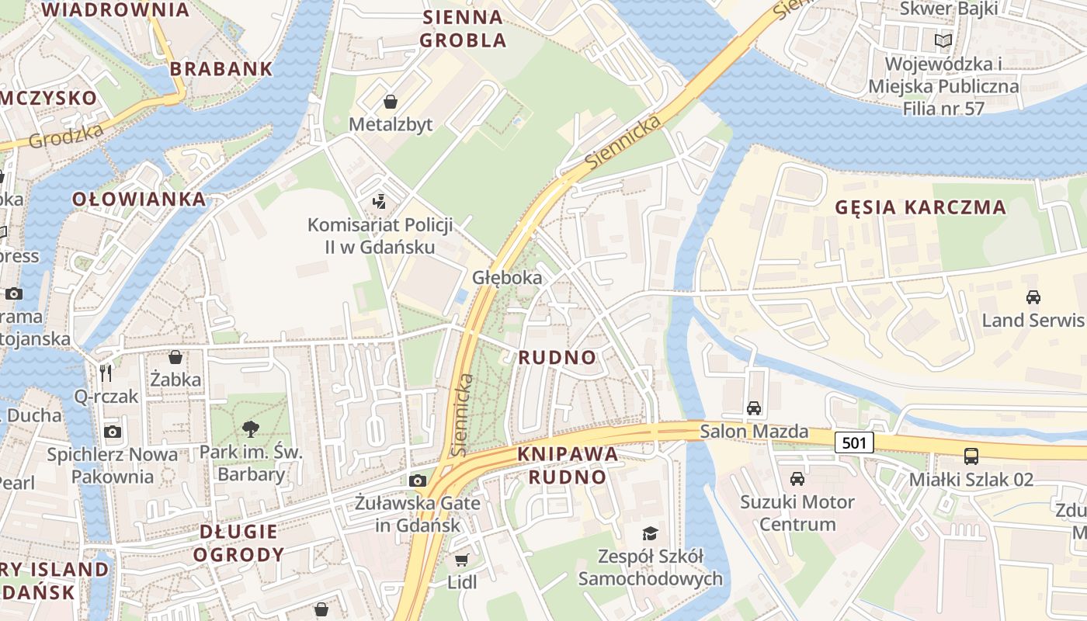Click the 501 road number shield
coord(854,443)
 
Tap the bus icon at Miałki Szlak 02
coord(971,456)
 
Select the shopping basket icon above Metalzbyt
coord(390,102)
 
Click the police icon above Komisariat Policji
coord(379,203)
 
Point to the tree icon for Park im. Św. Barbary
coord(250,428)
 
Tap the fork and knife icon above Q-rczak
coord(106,373)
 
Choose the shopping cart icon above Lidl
coord(461,560)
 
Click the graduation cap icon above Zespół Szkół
coord(650,533)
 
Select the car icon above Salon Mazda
coord(753,408)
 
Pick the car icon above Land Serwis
coord(1033,297)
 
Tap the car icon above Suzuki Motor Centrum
coord(797,478)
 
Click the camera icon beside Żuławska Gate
coord(418,480)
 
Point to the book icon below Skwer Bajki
coord(943,40)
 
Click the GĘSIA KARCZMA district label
coord(920,208)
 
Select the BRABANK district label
coord(221,69)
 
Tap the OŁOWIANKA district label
coord(140,199)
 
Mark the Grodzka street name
coord(66,136)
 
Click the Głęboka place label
coord(507,278)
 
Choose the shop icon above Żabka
coord(175,357)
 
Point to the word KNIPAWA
coord(567,454)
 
